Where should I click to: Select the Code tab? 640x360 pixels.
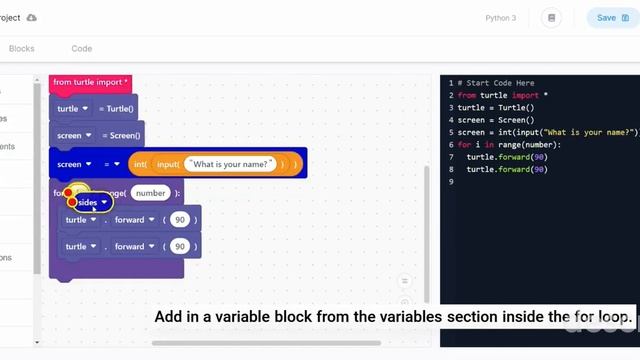(82, 48)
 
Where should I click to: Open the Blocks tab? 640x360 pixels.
(21, 48)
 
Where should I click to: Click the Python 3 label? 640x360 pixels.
(501, 18)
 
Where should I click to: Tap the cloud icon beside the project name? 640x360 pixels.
(32, 18)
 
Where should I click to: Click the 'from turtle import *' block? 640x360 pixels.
(91, 82)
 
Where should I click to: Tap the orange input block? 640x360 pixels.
(166, 164)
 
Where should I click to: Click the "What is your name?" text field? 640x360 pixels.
(230, 164)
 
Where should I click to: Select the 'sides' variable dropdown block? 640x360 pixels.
(90, 202)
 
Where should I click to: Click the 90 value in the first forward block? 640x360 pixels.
(179, 220)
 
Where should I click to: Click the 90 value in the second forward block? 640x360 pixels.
(179, 246)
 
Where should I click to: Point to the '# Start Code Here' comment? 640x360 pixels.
(496, 83)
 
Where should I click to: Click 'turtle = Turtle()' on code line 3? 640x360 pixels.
(496, 108)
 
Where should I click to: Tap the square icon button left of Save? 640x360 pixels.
(551, 18)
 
